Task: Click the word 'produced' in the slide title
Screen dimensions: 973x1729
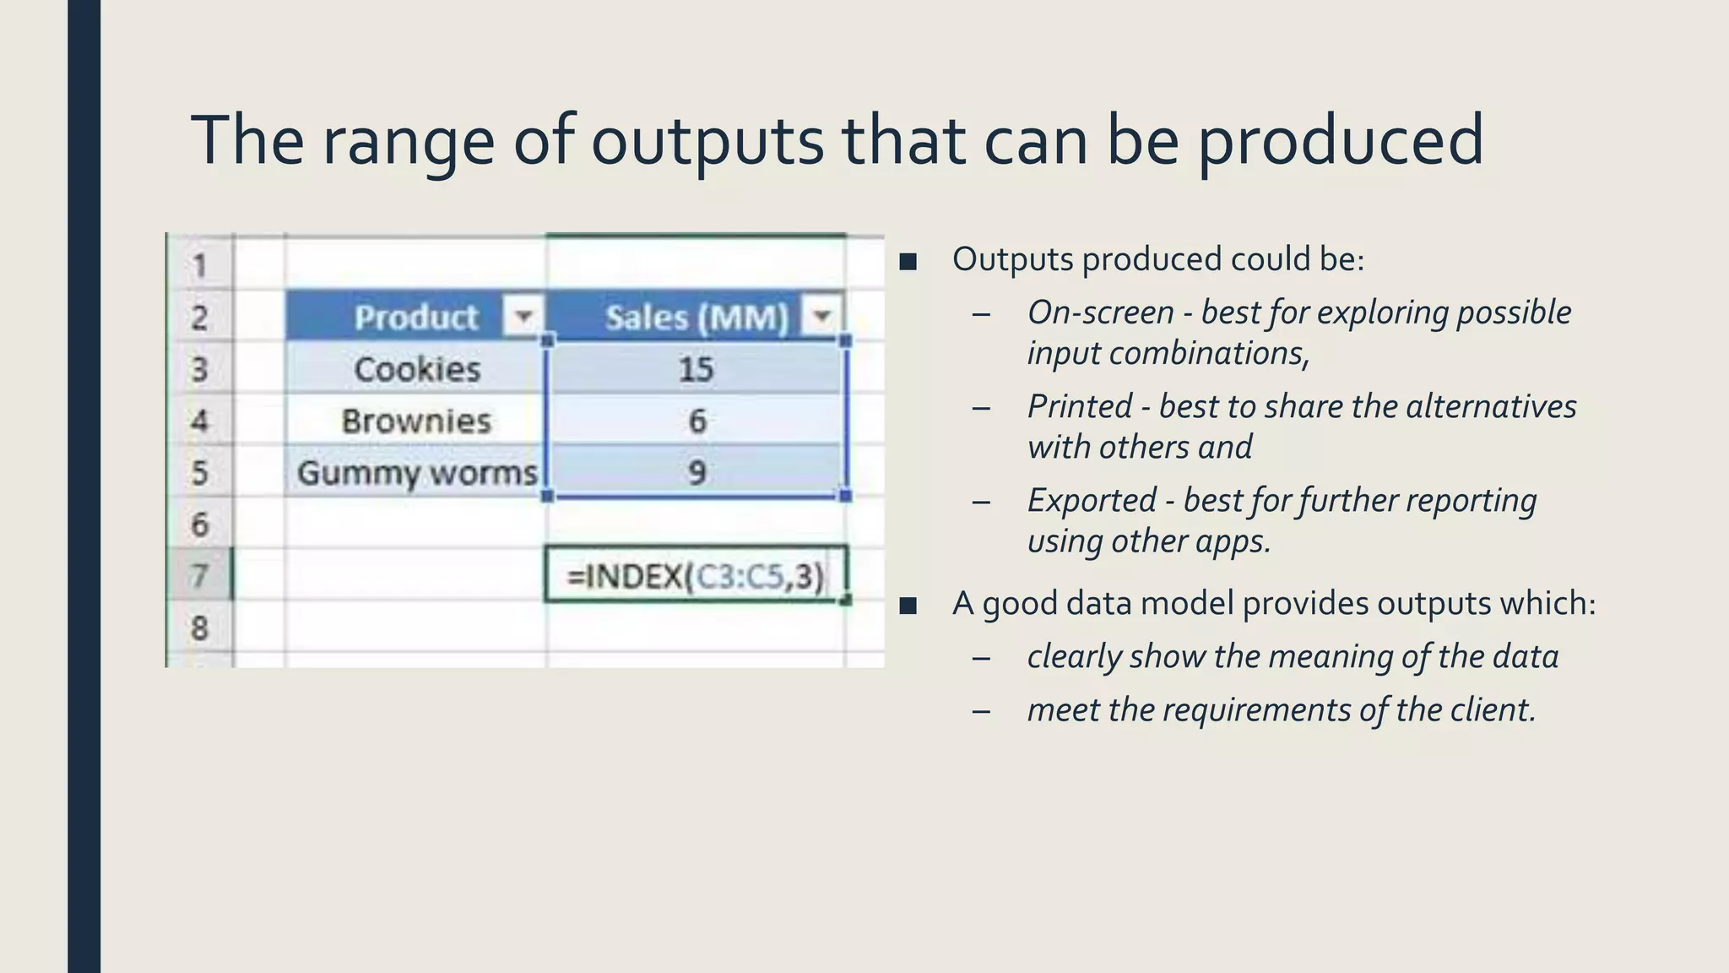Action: click(x=1340, y=140)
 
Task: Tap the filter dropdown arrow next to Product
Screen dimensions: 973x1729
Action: click(x=523, y=318)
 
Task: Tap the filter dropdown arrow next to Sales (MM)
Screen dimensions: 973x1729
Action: click(x=821, y=318)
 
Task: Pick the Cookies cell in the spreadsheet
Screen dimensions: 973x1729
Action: click(x=416, y=369)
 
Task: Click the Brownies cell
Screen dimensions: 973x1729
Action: click(x=416, y=421)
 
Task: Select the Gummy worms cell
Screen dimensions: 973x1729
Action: click(x=416, y=472)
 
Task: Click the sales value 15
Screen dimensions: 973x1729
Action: click(x=696, y=369)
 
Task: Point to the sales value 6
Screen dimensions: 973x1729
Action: click(x=696, y=421)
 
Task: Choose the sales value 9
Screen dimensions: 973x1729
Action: click(x=696, y=472)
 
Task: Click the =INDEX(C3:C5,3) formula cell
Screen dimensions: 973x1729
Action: click(x=696, y=576)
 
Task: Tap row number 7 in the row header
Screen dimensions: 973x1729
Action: click(x=199, y=576)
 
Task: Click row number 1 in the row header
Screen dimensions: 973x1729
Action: click(x=199, y=266)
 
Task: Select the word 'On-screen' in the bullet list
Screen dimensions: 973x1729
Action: click(x=1100, y=313)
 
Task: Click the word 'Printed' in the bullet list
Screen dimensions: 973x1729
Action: click(x=1079, y=406)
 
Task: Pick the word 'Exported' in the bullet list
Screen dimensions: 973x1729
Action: click(x=1091, y=500)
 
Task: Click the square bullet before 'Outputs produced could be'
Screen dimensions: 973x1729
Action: click(x=908, y=261)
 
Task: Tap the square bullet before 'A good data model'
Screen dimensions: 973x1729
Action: click(x=908, y=606)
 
